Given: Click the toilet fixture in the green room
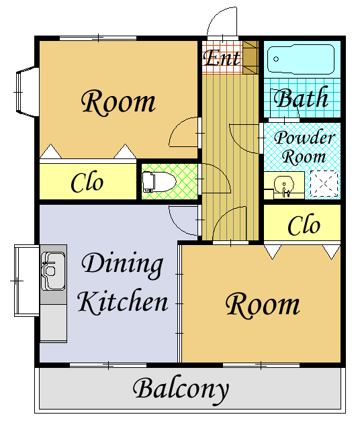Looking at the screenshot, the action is click(x=159, y=182).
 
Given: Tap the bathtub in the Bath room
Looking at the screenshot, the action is click(x=301, y=59).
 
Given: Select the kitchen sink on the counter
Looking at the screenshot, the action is click(x=53, y=271).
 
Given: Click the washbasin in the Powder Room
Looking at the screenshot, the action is click(x=284, y=187).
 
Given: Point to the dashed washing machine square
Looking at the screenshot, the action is click(x=324, y=184).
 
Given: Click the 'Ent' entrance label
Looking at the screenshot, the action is click(x=222, y=57).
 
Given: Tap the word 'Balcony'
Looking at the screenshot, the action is click(x=181, y=389).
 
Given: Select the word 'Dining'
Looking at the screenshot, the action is click(x=122, y=265).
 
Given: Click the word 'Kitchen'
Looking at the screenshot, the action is click(x=123, y=301).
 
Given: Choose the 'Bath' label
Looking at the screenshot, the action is click(x=301, y=97).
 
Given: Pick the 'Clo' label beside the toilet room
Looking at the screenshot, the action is click(x=87, y=182).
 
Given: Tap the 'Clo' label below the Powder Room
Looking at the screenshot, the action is click(x=304, y=225).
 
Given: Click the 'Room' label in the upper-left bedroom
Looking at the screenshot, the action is click(x=118, y=102).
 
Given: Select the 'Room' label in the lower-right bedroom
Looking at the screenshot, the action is click(x=263, y=305).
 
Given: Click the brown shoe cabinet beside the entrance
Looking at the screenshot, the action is click(x=251, y=57).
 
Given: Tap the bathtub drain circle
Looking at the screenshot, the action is click(x=276, y=59).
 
